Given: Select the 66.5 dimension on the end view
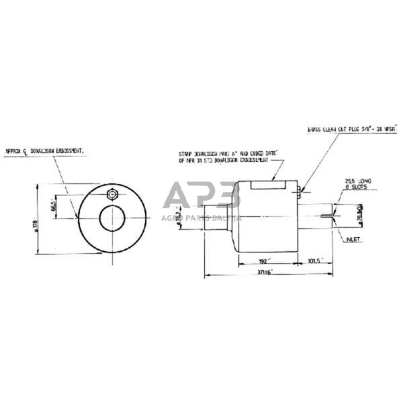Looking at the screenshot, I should pos(52,207).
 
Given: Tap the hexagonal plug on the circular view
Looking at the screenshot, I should pos(111,195).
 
